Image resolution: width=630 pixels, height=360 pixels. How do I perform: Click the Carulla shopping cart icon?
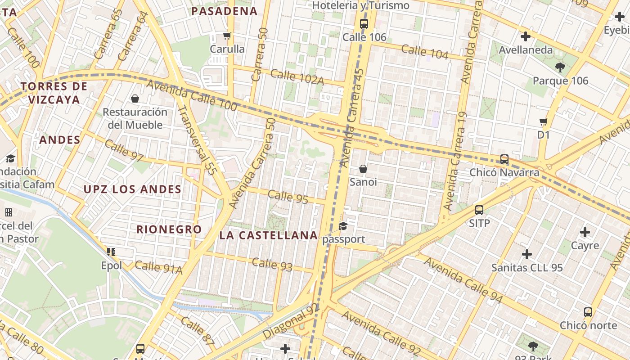coord(227,36)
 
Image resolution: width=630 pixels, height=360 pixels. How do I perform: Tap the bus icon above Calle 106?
coord(364,24)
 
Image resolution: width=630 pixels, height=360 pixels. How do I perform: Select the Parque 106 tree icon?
coord(560,67)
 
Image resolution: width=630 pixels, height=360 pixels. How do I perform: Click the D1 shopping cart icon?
coord(544,121)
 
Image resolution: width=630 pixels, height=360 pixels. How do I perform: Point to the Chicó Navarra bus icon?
coord(504,159)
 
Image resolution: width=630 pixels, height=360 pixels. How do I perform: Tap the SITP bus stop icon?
coord(479,210)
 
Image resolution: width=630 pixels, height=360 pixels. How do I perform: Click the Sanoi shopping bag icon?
coord(363,169)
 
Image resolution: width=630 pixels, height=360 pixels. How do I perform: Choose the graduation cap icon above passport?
coord(343,226)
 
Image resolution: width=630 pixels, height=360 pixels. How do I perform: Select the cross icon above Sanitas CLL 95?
coord(527,254)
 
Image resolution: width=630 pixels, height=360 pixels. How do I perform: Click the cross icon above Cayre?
coord(585,232)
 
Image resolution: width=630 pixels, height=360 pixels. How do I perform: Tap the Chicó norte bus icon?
coord(588,312)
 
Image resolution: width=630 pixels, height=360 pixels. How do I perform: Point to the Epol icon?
coord(111,252)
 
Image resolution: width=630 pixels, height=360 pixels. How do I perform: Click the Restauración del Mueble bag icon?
coord(135,99)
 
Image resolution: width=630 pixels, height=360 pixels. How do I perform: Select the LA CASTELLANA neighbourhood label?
coord(269,235)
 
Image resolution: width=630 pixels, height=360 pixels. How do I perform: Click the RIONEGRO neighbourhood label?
coord(169,229)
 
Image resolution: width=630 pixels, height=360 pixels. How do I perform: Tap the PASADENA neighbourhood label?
coord(225,11)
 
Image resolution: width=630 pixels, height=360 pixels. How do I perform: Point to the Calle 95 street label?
coord(288,197)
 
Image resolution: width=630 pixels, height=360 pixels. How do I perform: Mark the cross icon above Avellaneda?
coord(525,36)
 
